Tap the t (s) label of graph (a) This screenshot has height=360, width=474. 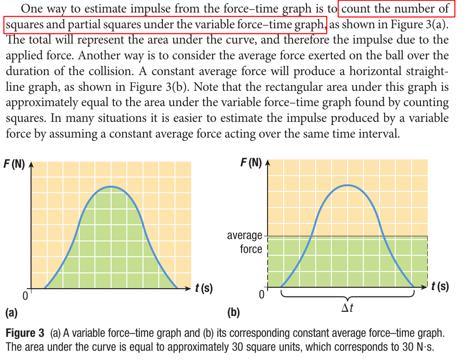[x=204, y=288]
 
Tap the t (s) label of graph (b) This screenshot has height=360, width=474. [x=440, y=286]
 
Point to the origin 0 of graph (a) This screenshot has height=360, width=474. [x=25, y=295]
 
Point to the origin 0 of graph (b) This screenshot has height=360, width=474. [x=262, y=295]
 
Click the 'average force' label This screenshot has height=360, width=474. [x=244, y=242]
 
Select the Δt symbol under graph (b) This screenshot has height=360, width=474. [x=348, y=308]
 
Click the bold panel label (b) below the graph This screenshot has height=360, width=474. [x=233, y=313]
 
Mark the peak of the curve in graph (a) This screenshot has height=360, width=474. [x=111, y=186]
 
